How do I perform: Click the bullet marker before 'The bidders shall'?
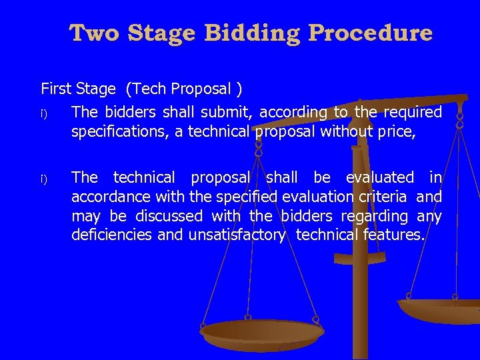point(43,113)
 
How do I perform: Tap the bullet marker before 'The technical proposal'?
point(43,179)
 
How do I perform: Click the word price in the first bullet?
point(398,132)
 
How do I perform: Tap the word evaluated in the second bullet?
point(379,177)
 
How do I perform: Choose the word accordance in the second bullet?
point(111,197)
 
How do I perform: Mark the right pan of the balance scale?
point(440,310)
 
